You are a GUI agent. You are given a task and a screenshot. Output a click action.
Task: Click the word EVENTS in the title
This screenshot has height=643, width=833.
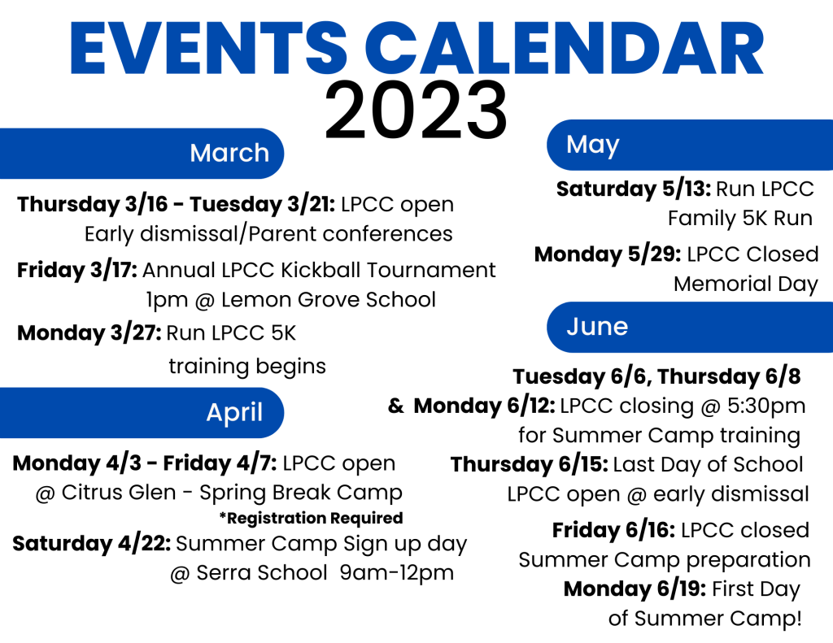click(208, 48)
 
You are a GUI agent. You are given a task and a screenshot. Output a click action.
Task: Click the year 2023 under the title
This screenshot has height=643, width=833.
click(416, 111)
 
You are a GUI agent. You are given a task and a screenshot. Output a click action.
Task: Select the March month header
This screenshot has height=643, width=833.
click(229, 153)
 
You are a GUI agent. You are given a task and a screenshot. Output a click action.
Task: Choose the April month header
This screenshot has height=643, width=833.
click(234, 413)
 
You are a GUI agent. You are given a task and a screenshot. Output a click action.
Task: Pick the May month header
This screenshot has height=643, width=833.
click(592, 145)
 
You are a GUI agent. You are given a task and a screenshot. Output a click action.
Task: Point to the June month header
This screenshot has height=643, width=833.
click(597, 327)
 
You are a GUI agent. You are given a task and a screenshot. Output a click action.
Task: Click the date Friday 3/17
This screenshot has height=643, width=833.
click(77, 270)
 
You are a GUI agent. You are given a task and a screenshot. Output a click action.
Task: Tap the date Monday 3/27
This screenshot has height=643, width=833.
click(89, 333)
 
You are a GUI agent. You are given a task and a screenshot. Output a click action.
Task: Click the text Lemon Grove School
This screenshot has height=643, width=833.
click(329, 300)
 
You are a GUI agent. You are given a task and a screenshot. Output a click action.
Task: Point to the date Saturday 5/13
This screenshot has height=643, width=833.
click(633, 189)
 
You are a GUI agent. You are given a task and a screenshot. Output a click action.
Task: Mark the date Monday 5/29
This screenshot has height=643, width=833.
click(608, 255)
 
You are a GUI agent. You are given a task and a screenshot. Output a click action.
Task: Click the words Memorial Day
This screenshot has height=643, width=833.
click(746, 285)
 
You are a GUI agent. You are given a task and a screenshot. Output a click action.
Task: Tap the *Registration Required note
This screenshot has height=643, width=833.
click(312, 518)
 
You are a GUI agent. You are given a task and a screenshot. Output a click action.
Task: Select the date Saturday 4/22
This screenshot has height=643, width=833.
click(91, 544)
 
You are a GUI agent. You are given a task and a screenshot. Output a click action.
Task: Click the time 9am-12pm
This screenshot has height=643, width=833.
click(397, 573)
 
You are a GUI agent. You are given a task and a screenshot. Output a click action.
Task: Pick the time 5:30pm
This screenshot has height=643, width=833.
click(766, 406)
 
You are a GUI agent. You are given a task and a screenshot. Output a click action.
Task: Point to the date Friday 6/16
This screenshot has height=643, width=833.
click(613, 531)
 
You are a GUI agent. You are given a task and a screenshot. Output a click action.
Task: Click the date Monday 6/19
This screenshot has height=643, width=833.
click(635, 589)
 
